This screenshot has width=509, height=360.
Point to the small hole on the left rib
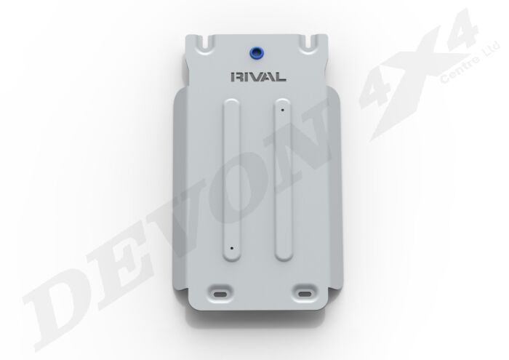pos(231,247)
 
